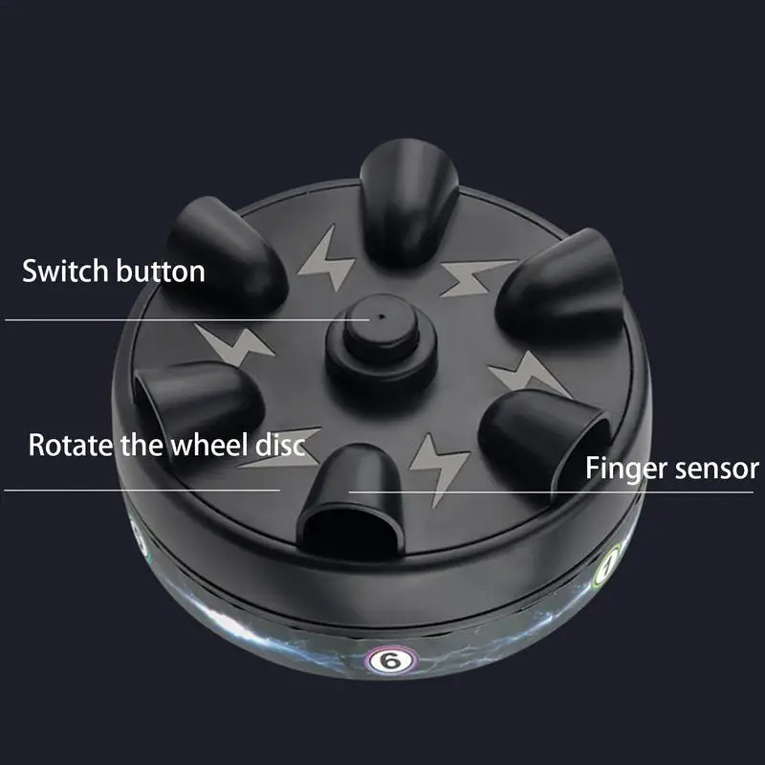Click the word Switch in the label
pos(65,271)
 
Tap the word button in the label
pos(159,271)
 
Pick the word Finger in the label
pos(623,469)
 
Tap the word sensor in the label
pos(712,469)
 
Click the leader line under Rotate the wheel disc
pos(143,490)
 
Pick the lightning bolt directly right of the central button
pos(526,373)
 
